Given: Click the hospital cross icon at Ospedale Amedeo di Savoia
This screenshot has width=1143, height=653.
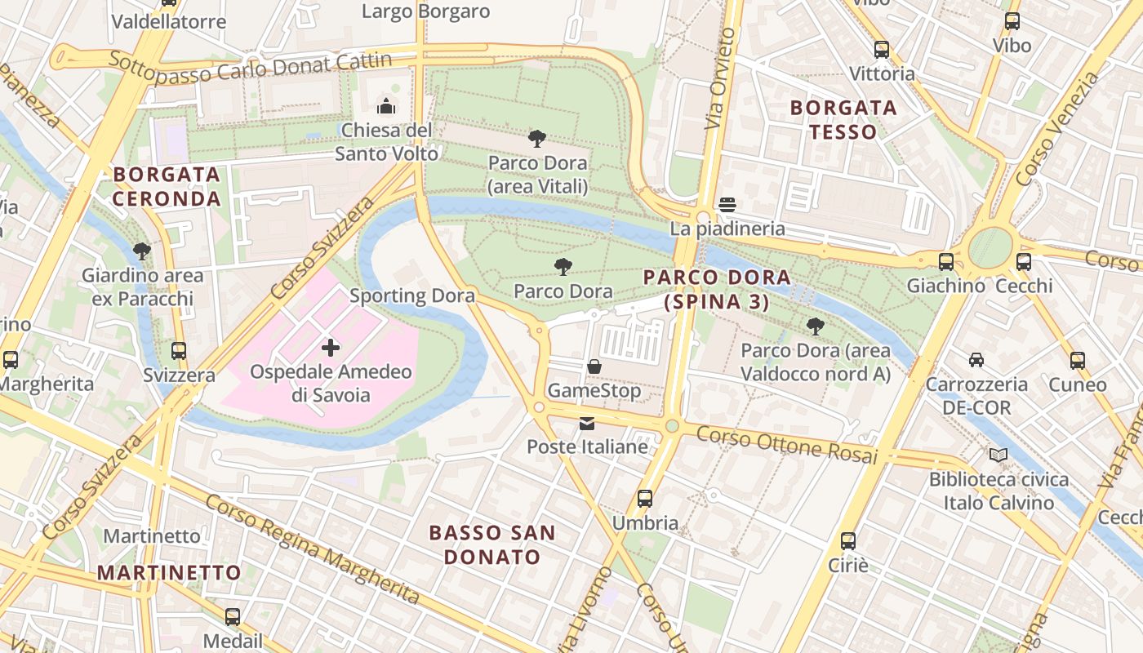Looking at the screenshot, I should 331,349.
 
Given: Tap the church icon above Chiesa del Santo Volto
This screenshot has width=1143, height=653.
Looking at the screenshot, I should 386,106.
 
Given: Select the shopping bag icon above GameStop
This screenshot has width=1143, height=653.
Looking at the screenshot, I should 594,367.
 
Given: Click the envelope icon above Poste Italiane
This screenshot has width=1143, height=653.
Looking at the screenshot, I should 587,424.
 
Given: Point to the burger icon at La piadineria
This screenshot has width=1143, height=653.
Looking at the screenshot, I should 727,205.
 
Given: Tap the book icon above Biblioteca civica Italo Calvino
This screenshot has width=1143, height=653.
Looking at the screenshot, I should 998,455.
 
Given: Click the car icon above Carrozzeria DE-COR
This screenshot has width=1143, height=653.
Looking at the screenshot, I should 976,360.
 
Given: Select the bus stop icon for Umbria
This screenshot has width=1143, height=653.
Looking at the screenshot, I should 645,499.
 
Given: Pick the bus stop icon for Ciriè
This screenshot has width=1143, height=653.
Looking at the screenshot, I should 848,540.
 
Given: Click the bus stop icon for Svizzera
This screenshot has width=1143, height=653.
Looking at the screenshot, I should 179,352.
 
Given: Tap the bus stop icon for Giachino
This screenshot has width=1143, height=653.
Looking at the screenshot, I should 945,262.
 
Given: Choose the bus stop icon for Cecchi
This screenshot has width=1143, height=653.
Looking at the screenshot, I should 1023,262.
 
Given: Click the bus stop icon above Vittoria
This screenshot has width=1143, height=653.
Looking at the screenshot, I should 882,50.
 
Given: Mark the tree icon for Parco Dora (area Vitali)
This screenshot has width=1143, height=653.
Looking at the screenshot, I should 536,139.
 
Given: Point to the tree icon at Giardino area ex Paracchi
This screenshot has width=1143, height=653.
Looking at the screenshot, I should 142,251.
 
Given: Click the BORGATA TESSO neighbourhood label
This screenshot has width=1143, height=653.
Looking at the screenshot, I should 843,119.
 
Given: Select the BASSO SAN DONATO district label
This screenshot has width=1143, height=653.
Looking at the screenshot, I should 492,544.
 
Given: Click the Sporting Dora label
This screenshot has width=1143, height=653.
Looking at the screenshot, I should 412,295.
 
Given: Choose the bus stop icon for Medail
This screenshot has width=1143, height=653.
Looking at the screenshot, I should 233,617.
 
